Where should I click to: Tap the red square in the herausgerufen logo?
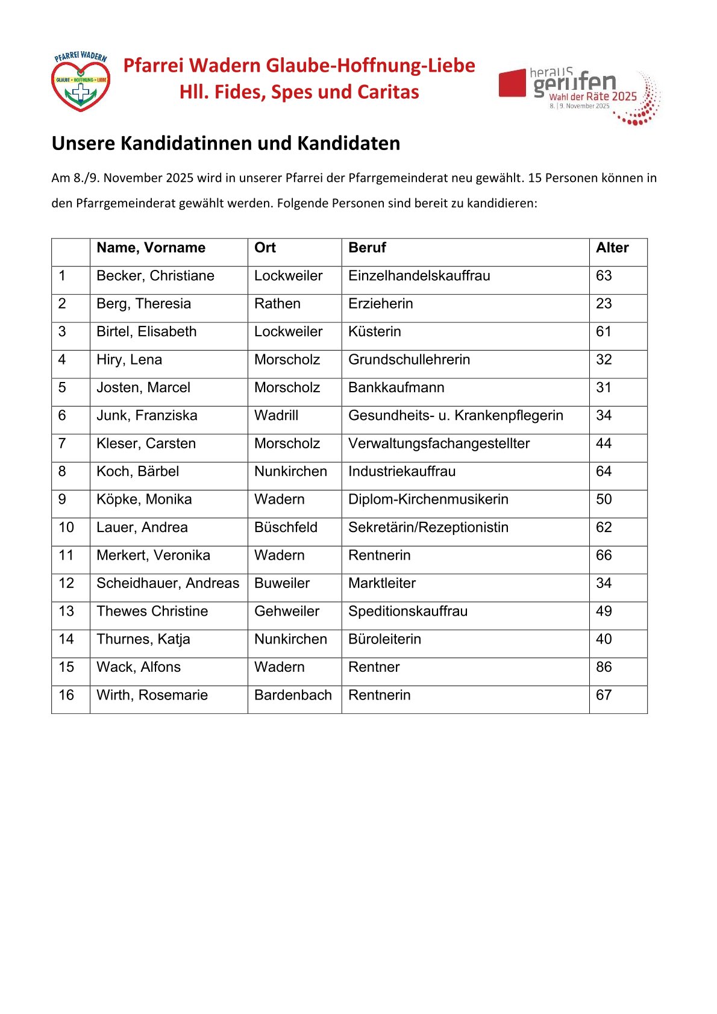[512, 83]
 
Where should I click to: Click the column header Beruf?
[367, 248]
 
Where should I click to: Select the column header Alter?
[612, 248]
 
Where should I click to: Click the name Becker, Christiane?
[155, 276]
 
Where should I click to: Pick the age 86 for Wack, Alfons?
[604, 667]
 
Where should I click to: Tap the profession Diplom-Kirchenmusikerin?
[428, 499]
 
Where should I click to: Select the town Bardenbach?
[293, 695]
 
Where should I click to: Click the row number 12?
[66, 583]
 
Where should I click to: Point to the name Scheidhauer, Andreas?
[168, 583]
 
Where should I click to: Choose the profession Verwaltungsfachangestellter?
[439, 443]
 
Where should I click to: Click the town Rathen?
[277, 304]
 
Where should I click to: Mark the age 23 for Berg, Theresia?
[604, 304]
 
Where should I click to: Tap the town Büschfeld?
[286, 527]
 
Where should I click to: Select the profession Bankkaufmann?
[396, 387]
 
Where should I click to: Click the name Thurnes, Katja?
[143, 639]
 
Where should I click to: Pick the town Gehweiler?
[287, 611]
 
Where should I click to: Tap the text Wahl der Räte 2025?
[593, 96]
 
